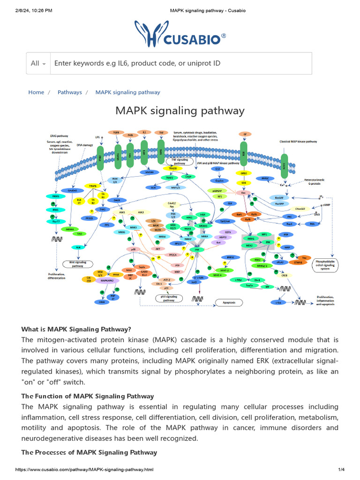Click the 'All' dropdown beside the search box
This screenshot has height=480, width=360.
click(38, 63)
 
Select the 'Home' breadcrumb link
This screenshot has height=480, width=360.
click(36, 92)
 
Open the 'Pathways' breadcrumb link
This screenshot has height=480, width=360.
click(69, 92)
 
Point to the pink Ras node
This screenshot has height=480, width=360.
click(243, 193)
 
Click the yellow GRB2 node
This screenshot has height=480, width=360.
click(243, 172)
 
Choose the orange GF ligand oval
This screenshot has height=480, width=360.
click(243, 134)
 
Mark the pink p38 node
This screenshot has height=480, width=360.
click(133, 249)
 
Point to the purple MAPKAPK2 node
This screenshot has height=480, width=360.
click(106, 280)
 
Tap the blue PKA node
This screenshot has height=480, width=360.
click(312, 224)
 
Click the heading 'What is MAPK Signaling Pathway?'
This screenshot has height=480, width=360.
click(76, 329)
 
